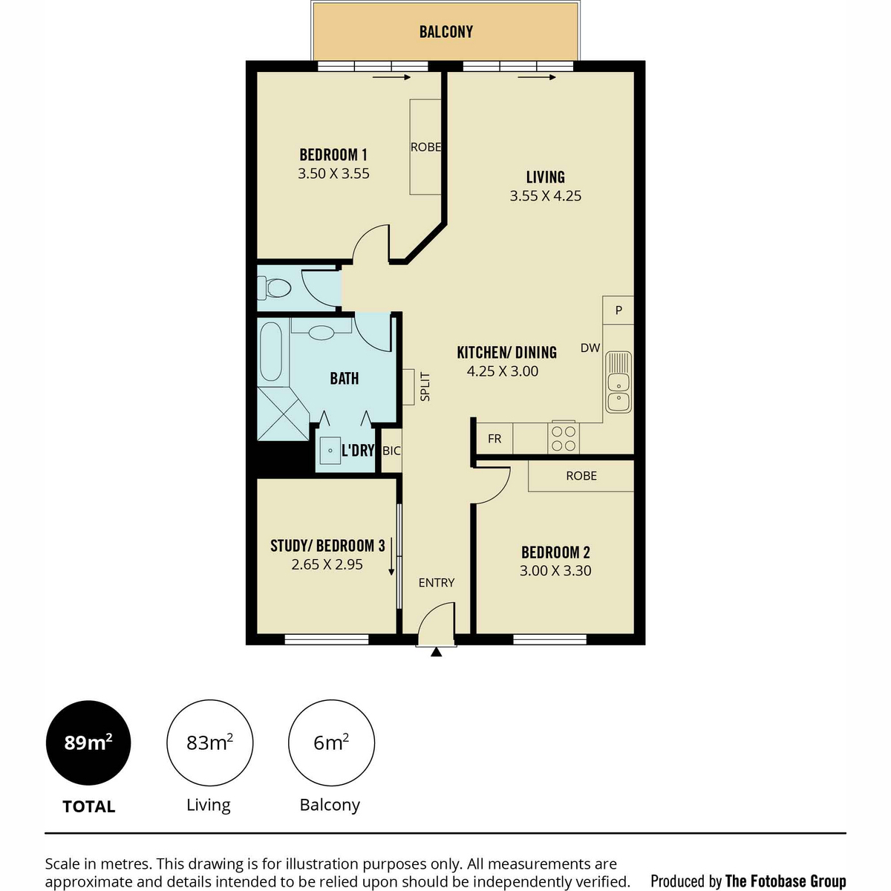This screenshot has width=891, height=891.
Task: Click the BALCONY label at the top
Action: click(446, 31)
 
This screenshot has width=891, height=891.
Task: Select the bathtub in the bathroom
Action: click(271, 351)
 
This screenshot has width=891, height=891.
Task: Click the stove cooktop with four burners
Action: click(563, 437)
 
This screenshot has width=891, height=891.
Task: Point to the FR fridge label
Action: click(495, 438)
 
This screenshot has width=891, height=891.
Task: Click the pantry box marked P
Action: click(619, 310)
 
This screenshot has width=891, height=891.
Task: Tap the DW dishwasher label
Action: click(590, 347)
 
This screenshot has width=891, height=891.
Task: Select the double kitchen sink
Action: click(619, 382)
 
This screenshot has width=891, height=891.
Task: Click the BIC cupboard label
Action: click(391, 451)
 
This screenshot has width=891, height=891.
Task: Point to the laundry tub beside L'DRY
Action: click(330, 450)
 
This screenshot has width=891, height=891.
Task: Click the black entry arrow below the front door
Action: click(436, 651)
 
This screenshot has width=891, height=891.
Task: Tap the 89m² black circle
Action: click(88, 742)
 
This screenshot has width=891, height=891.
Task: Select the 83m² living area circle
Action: click(209, 742)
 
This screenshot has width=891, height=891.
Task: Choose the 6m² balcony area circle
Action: click(331, 742)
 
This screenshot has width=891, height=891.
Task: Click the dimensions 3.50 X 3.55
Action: click(333, 174)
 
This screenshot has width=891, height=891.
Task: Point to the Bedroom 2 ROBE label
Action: click(581, 476)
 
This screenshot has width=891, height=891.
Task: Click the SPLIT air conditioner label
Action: click(425, 387)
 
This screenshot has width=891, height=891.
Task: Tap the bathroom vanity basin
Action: click(322, 333)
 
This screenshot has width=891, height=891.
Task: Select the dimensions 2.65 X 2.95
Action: click(327, 564)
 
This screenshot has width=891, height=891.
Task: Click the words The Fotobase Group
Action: click(786, 881)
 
